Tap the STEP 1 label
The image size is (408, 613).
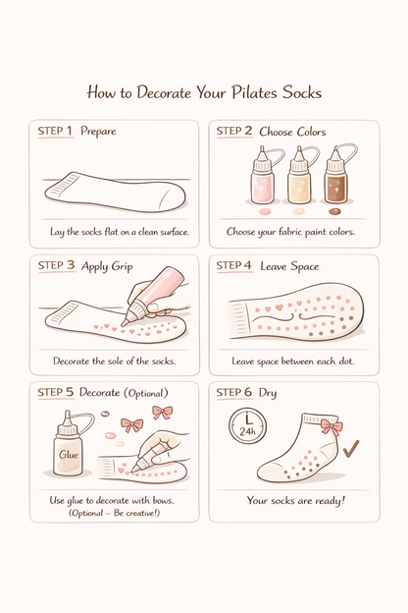click(55, 131)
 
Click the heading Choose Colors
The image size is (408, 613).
click(292, 131)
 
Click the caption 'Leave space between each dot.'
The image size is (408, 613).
click(293, 362)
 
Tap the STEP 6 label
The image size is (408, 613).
click(233, 392)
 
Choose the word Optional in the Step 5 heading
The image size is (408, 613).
click(145, 393)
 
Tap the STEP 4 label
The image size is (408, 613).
click(233, 265)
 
